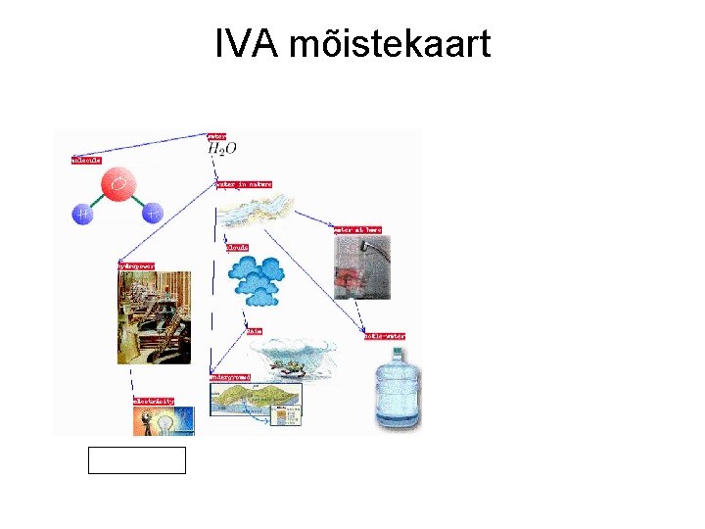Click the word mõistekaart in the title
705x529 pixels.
pyautogui.click(x=392, y=44)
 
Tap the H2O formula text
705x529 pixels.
pyautogui.click(x=222, y=149)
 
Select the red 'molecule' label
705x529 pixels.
pyautogui.click(x=86, y=159)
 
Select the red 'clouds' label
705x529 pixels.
pyautogui.click(x=237, y=247)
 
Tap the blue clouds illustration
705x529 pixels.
pyautogui.click(x=258, y=279)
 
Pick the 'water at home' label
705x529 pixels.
pyautogui.click(x=357, y=229)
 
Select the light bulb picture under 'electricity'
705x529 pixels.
pyautogui.click(x=164, y=421)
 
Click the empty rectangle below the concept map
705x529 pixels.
pyautogui.click(x=136, y=459)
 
